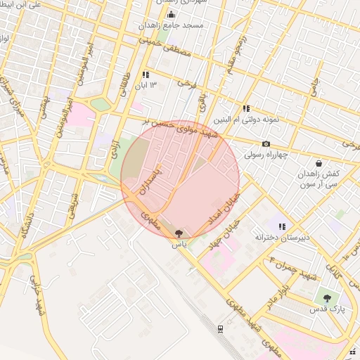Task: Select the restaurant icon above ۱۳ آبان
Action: (146, 74)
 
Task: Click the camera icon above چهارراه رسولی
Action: (266, 143)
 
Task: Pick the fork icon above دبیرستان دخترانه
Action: (282, 226)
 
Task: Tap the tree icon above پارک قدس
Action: (326, 297)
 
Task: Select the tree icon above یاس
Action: (179, 234)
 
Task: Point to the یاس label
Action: (179, 245)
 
